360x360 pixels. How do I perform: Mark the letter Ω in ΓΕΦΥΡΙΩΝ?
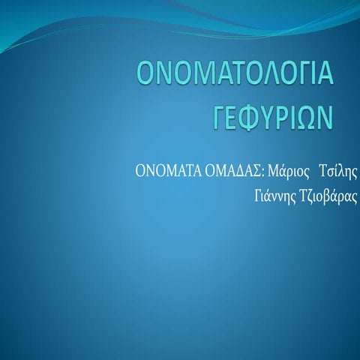(x=307, y=118)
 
